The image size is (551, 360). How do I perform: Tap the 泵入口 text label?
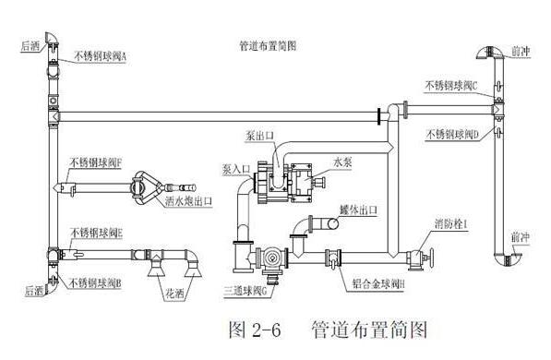point(236,170)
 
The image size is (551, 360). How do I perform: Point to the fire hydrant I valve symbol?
point(420,258)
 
